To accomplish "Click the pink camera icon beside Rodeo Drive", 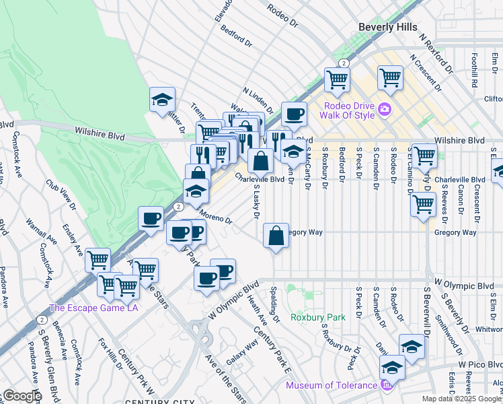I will coord(384,108).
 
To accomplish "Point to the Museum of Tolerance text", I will coord(331,385).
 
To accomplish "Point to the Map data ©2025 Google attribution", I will coord(461,399).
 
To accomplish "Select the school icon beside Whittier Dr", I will coord(162,100).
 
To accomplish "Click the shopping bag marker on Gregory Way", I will coord(276,236).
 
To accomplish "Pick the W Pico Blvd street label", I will coord(480,364).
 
